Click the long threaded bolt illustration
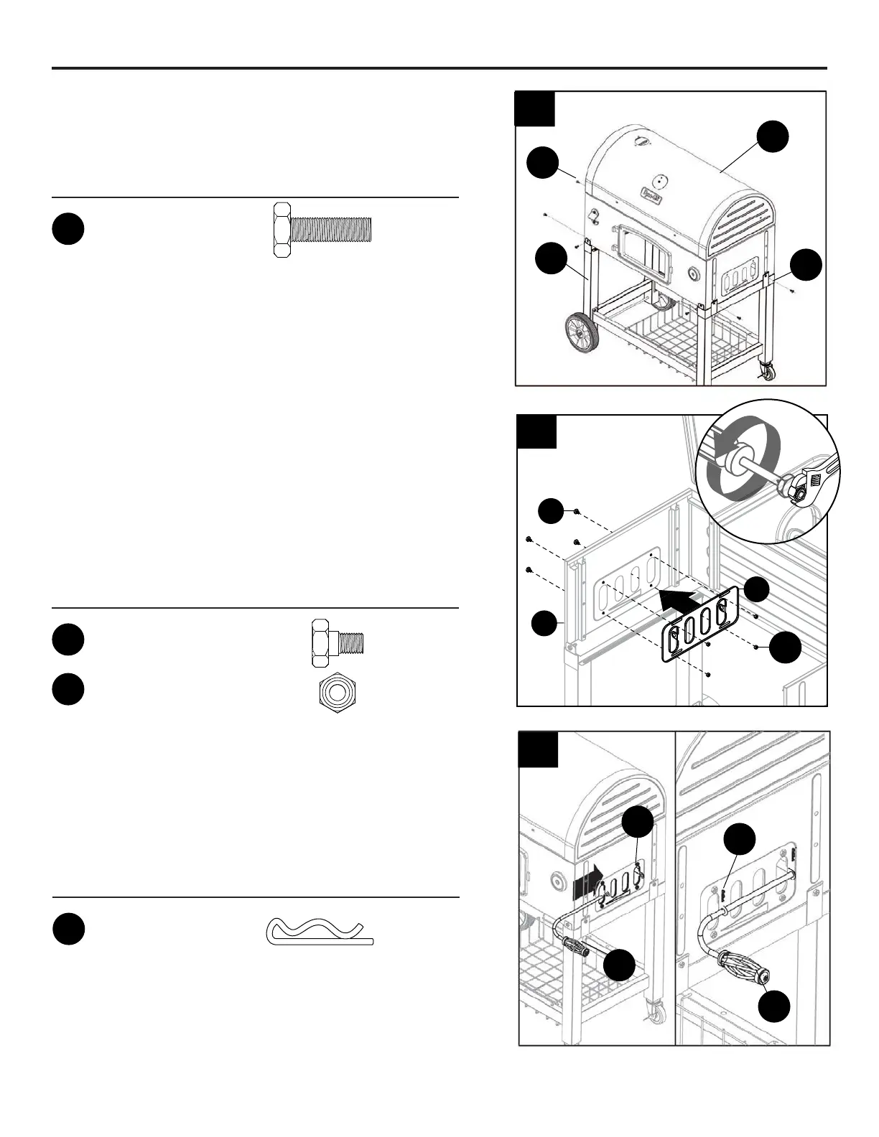322,230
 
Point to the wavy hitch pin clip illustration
320,932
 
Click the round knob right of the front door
694,274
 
